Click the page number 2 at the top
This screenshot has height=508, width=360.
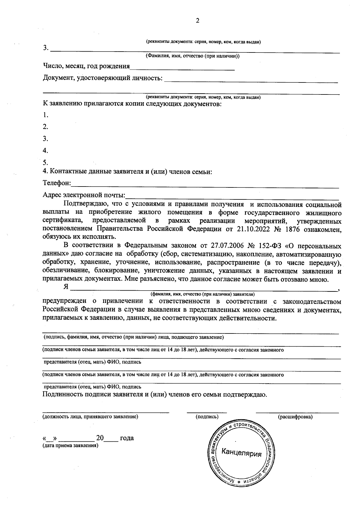pos(197,20)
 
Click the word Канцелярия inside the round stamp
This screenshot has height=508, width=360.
pos(241,453)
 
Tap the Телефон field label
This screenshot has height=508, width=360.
pos(57,183)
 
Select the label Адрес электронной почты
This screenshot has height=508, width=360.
pos(84,195)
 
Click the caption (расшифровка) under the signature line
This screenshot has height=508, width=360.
pos(295,417)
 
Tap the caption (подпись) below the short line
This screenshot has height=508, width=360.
pos(207,417)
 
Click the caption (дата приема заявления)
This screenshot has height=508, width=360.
pos(71,446)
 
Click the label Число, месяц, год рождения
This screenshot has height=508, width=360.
pos(86,66)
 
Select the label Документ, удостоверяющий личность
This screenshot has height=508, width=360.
pos(103,78)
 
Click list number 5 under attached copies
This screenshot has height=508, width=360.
pos(45,163)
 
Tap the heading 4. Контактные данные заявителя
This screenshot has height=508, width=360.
pos(127,172)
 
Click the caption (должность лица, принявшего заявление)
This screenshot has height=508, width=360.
pos(91,417)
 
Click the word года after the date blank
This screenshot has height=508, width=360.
pos(127,438)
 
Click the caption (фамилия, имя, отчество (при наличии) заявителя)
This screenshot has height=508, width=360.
pos(203,294)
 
